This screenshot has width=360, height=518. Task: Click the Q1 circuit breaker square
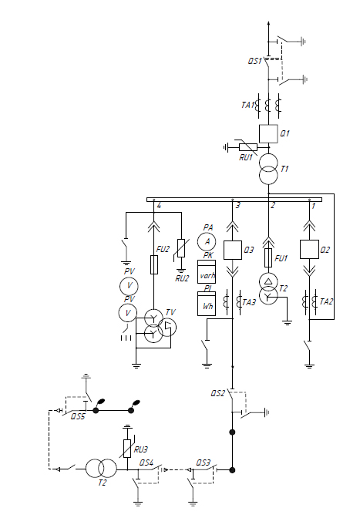pyautogui.click(x=268, y=133)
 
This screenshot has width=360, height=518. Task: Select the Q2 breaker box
pyautogui.click(x=309, y=249)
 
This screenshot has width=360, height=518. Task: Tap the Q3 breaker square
pyautogui.click(x=233, y=250)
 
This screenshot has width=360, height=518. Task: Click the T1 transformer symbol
pyautogui.click(x=268, y=169)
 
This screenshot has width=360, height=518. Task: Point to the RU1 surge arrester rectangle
pyautogui.click(x=248, y=147)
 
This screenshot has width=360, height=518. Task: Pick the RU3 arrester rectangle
pyautogui.click(x=127, y=449)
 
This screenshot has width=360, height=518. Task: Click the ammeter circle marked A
pyautogui.click(x=207, y=241)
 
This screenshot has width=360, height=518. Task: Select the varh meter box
pyautogui.click(x=207, y=271)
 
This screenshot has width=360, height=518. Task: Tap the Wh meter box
pyautogui.click(x=207, y=304)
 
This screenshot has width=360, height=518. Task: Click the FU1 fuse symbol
pyautogui.click(x=268, y=258)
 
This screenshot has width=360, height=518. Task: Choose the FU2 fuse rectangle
pyautogui.click(x=154, y=264)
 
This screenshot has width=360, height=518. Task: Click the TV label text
pyautogui.click(x=170, y=312)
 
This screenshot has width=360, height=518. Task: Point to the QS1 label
pyautogui.click(x=255, y=61)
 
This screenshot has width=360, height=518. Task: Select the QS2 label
pyautogui.click(x=218, y=393)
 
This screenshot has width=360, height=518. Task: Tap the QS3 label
pyautogui.click(x=203, y=462)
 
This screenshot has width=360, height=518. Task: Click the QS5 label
pyautogui.click(x=78, y=416)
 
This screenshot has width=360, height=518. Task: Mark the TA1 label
pyautogui.click(x=248, y=105)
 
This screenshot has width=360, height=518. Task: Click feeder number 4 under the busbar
pyautogui.click(x=159, y=206)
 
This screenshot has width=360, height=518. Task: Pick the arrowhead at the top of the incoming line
pyautogui.click(x=268, y=23)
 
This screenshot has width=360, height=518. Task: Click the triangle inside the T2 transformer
pyautogui.click(x=268, y=281)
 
